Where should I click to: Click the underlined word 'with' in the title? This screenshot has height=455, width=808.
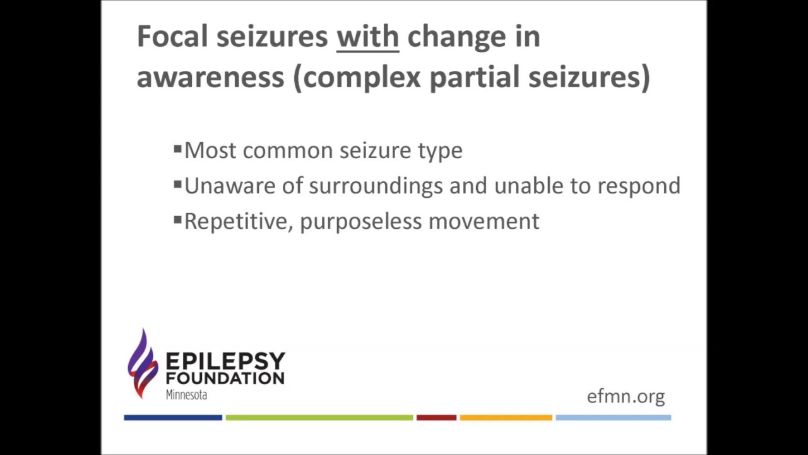(367, 37)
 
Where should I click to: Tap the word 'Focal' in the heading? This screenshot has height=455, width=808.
(172, 37)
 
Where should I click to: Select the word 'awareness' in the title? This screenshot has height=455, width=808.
(210, 77)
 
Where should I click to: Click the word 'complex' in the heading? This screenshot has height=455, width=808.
(362, 77)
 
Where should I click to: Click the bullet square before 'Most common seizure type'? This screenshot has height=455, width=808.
(178, 150)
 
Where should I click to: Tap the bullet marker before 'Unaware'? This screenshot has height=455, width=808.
(178, 185)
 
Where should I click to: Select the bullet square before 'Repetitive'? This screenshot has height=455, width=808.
(178, 221)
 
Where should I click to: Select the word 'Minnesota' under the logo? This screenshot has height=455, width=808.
(186, 395)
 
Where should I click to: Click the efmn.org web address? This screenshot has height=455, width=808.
(626, 397)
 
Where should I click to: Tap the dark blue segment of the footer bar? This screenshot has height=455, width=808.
(173, 418)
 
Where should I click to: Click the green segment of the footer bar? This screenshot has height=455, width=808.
(319, 418)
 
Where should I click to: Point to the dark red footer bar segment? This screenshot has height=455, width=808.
(436, 418)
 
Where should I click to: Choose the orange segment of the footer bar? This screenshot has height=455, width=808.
(506, 418)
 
